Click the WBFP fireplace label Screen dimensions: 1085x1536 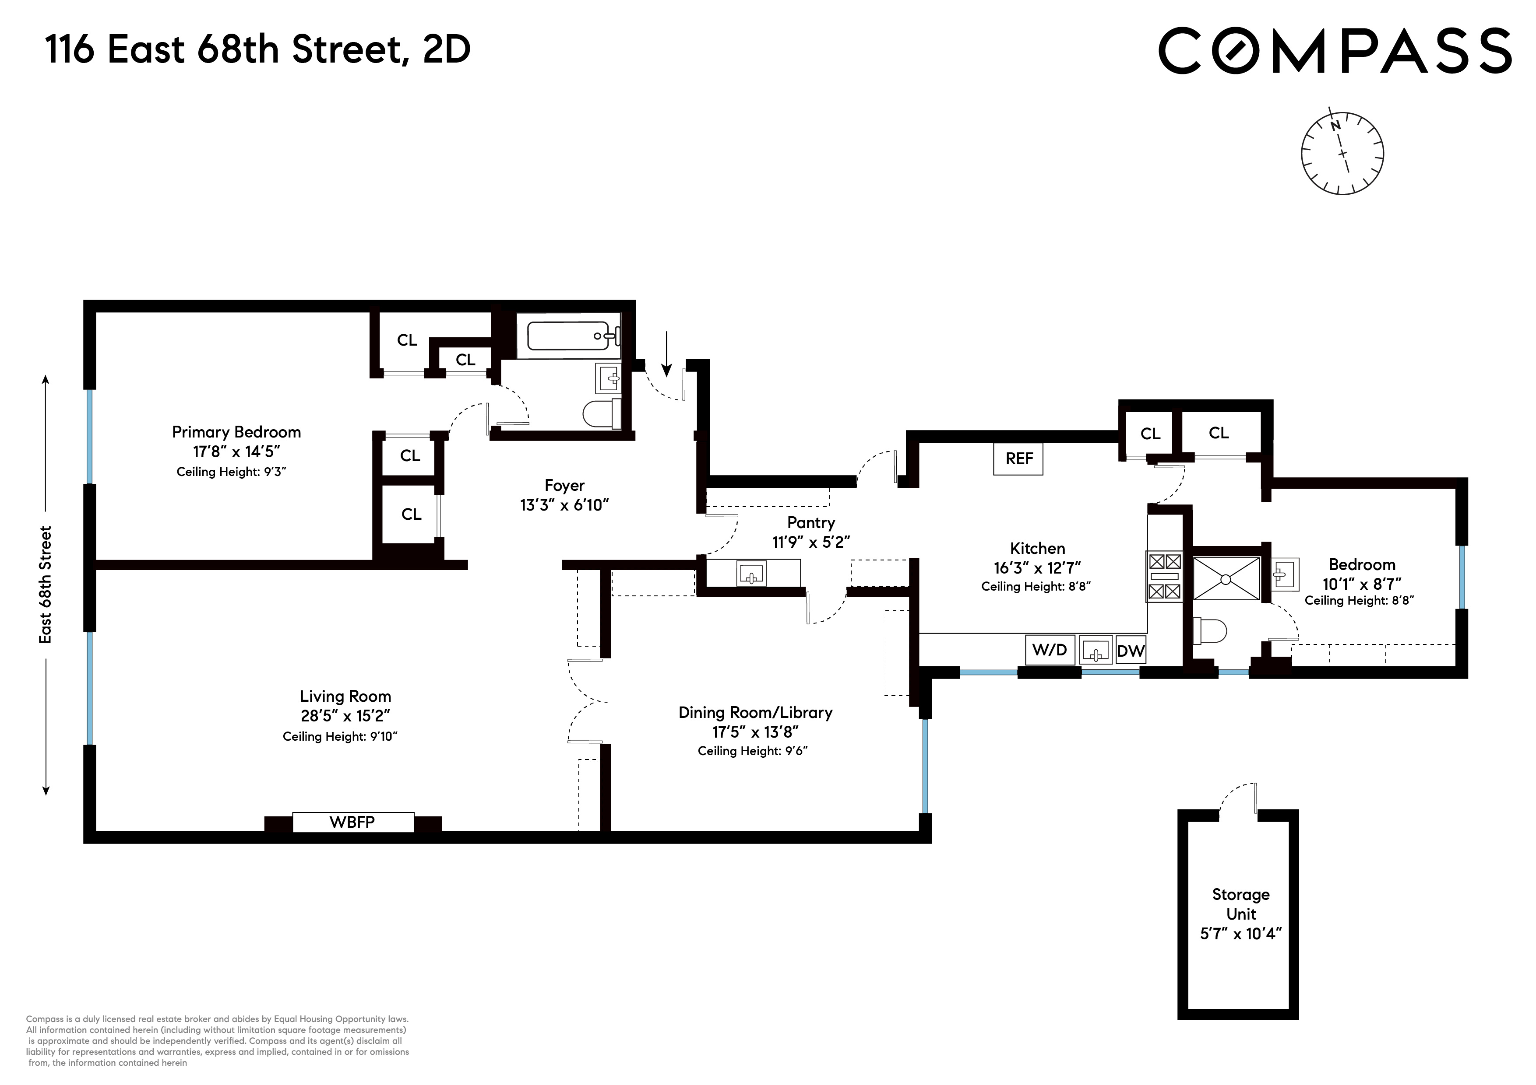pos(352,822)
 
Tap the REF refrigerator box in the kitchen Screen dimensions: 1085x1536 pos(1018,458)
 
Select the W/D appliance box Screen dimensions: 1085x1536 pos(1050,650)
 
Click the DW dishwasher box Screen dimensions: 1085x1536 pos(1131,651)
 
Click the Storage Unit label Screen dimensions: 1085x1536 pos(1240,904)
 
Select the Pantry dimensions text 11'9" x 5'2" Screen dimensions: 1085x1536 pos(811,542)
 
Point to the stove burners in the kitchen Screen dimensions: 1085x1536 pos(1164,576)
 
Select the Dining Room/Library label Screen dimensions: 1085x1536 pos(755,713)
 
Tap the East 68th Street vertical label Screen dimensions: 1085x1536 pos(45,585)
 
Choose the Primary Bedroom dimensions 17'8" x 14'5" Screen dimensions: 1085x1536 pos(236,451)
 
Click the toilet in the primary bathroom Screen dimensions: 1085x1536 pos(600,414)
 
